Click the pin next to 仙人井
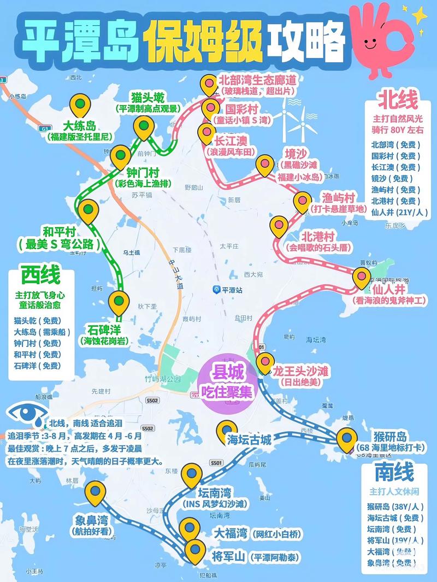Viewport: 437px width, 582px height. [362, 277]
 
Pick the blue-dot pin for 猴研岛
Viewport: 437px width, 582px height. [346, 439]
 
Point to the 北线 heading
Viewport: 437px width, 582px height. [398, 100]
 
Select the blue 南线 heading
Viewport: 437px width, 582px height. [394, 471]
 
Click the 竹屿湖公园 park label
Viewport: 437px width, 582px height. [159, 379]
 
